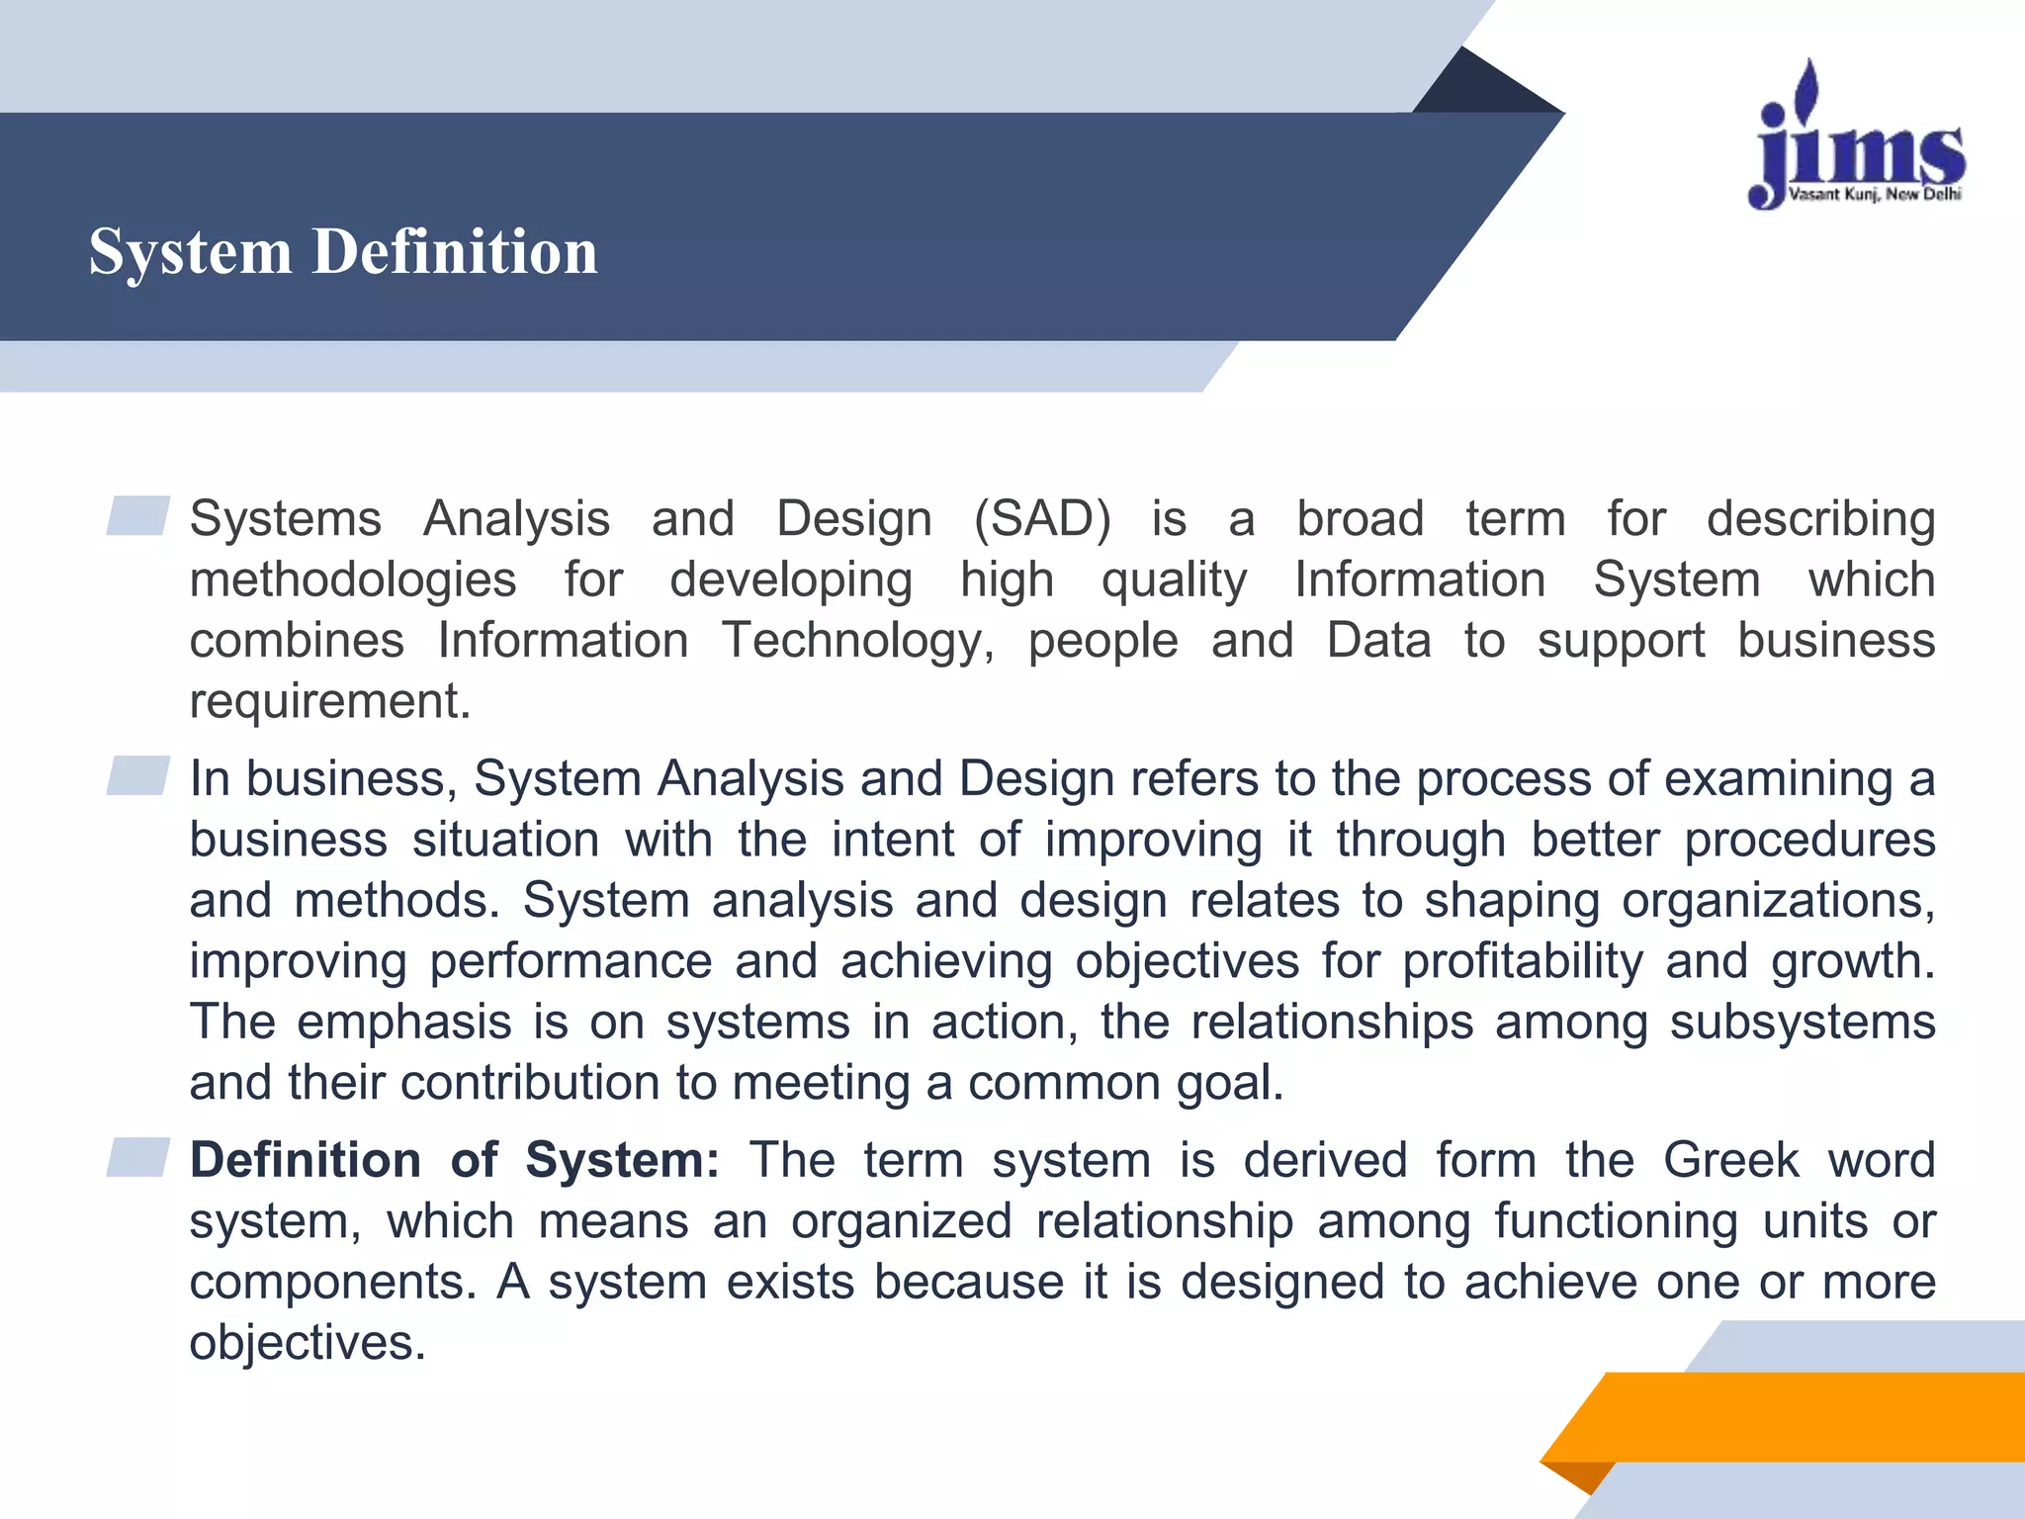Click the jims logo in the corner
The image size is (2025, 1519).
pyautogui.click(x=1857, y=138)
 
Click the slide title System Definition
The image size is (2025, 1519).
pyautogui.click(x=343, y=251)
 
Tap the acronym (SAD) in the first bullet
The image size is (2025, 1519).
pyautogui.click(x=1042, y=519)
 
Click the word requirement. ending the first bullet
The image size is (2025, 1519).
pyautogui.click(x=330, y=701)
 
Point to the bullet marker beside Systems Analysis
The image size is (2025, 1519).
pyautogui.click(x=138, y=516)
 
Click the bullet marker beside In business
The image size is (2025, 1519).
pyautogui.click(x=138, y=776)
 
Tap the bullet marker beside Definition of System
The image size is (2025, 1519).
pyautogui.click(x=138, y=1158)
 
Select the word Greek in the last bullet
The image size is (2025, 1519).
pyautogui.click(x=1730, y=1160)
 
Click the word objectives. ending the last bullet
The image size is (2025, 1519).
pyautogui.click(x=308, y=1343)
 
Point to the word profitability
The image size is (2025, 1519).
pyautogui.click(x=1523, y=961)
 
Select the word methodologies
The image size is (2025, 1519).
pyautogui.click(x=353, y=581)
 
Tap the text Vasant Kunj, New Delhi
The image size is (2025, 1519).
pyautogui.click(x=1875, y=195)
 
